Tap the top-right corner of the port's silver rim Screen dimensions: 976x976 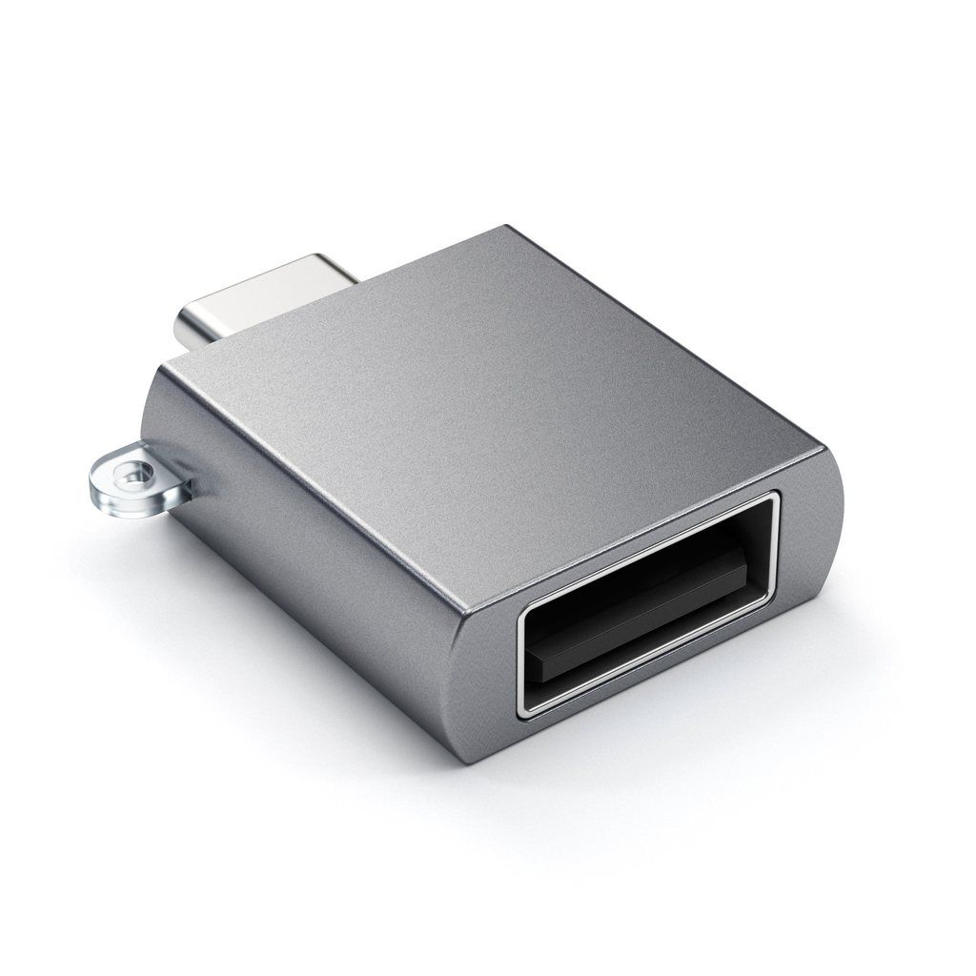point(774,498)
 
